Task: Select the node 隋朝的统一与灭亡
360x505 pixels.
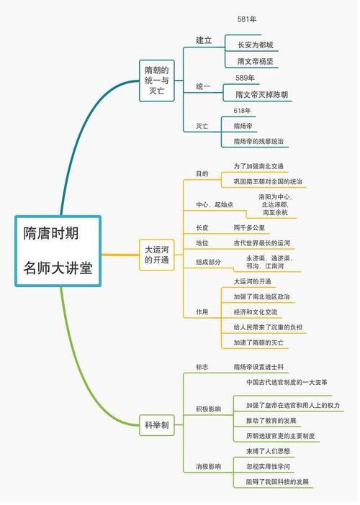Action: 156,81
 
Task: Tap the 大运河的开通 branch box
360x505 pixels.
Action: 156,255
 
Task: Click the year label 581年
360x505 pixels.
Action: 247,19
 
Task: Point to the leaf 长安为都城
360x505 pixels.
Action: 256,45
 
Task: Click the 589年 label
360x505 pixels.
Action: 246,78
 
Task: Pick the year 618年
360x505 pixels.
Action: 242,111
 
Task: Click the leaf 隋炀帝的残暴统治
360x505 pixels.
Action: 258,142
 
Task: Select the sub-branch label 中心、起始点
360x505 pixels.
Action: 215,205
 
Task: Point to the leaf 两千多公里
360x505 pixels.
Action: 250,227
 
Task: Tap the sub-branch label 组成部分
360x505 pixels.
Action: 209,262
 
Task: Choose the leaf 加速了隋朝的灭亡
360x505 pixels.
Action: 258,342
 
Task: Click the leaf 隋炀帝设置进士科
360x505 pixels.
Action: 260,367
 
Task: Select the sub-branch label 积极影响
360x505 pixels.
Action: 209,409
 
